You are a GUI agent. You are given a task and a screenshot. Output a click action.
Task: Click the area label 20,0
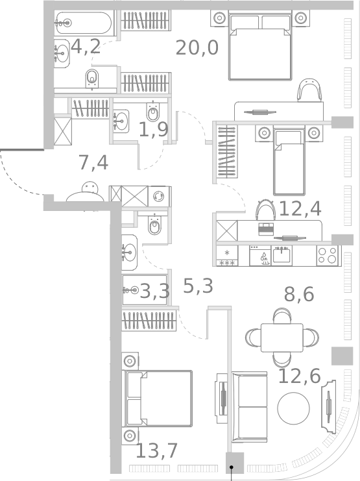pyautogui.click(x=197, y=48)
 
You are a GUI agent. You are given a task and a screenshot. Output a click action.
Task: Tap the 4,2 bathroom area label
pyautogui.click(x=86, y=47)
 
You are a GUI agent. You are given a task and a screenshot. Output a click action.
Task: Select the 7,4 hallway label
pyautogui.click(x=93, y=162)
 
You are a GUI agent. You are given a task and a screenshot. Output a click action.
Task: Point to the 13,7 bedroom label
pyautogui.click(x=156, y=450)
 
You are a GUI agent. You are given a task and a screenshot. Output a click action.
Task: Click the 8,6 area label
pyautogui.click(x=299, y=295)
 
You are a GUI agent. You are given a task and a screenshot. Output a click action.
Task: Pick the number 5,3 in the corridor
pyautogui.click(x=198, y=286)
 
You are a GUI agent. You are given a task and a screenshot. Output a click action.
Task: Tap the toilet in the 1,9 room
pyautogui.click(x=153, y=113)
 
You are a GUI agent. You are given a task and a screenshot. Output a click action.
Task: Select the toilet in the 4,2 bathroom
pyautogui.click(x=92, y=79)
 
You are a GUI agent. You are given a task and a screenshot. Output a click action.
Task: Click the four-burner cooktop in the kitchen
pyautogui.click(x=328, y=255)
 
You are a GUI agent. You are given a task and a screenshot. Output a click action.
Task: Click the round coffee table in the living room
pyautogui.click(x=294, y=408)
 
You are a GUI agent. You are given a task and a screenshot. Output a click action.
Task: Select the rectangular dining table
pyautogui.click(x=282, y=337)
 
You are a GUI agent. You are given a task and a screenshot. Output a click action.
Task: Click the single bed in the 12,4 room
pyautogui.click(x=289, y=161)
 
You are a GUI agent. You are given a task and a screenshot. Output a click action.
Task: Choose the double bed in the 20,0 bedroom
pyautogui.click(x=258, y=46)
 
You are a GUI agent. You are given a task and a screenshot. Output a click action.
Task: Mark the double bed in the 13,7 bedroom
pyautogui.click(x=159, y=399)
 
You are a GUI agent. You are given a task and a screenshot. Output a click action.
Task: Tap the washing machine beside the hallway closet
pyautogui.click(x=159, y=196)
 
